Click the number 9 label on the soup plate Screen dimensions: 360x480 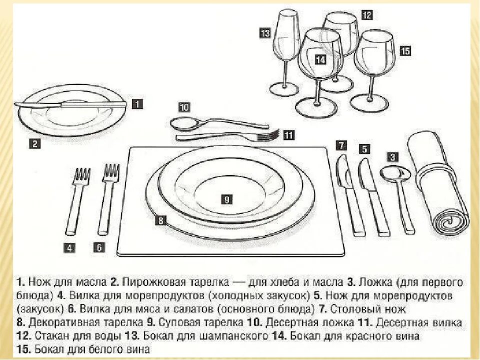point(226,199)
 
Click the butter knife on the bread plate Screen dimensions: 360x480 point(70,104)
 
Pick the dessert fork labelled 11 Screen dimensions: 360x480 point(227,135)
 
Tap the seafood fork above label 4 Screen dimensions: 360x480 point(77,200)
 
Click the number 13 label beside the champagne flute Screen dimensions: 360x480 point(265,33)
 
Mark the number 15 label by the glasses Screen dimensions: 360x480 point(405,50)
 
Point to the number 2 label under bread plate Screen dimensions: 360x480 point(34,143)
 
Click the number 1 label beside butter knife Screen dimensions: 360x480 point(137,104)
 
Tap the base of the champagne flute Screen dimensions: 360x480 point(283,89)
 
